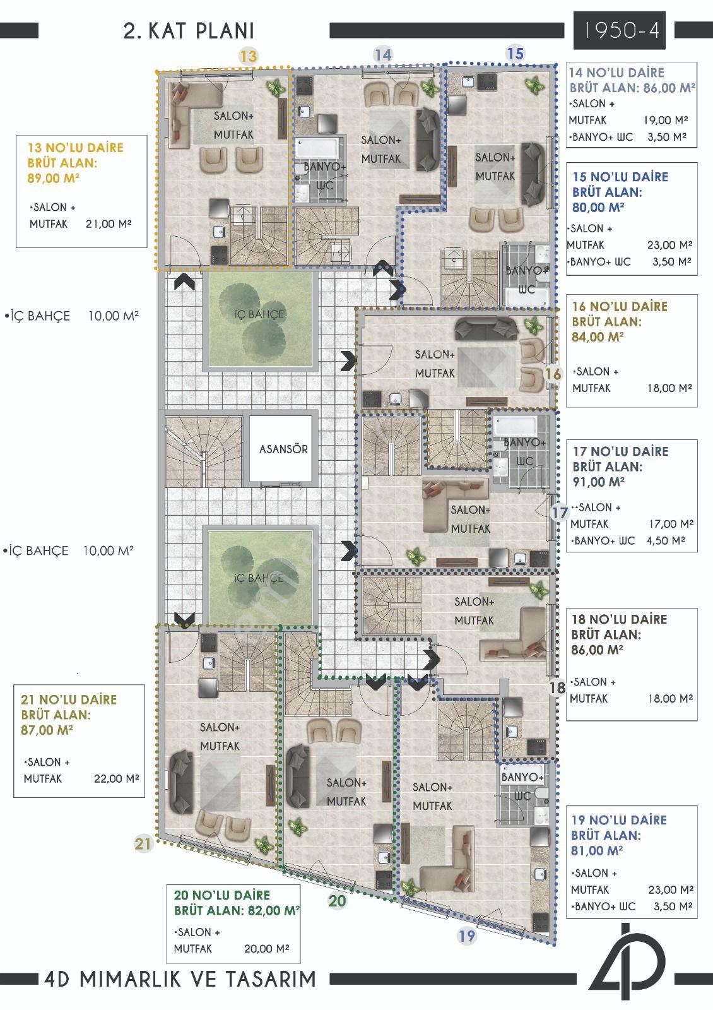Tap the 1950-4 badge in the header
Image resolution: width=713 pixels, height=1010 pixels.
619,30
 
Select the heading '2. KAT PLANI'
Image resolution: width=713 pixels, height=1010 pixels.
189,31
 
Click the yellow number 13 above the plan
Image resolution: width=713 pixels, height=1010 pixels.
248,56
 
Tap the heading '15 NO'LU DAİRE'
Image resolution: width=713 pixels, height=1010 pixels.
620,177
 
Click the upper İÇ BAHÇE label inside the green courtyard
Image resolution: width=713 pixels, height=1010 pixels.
259,314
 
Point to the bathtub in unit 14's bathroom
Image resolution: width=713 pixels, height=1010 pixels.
317,148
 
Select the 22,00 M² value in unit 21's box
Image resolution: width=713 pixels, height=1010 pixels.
116,778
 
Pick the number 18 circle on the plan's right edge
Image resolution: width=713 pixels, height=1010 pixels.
557,687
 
